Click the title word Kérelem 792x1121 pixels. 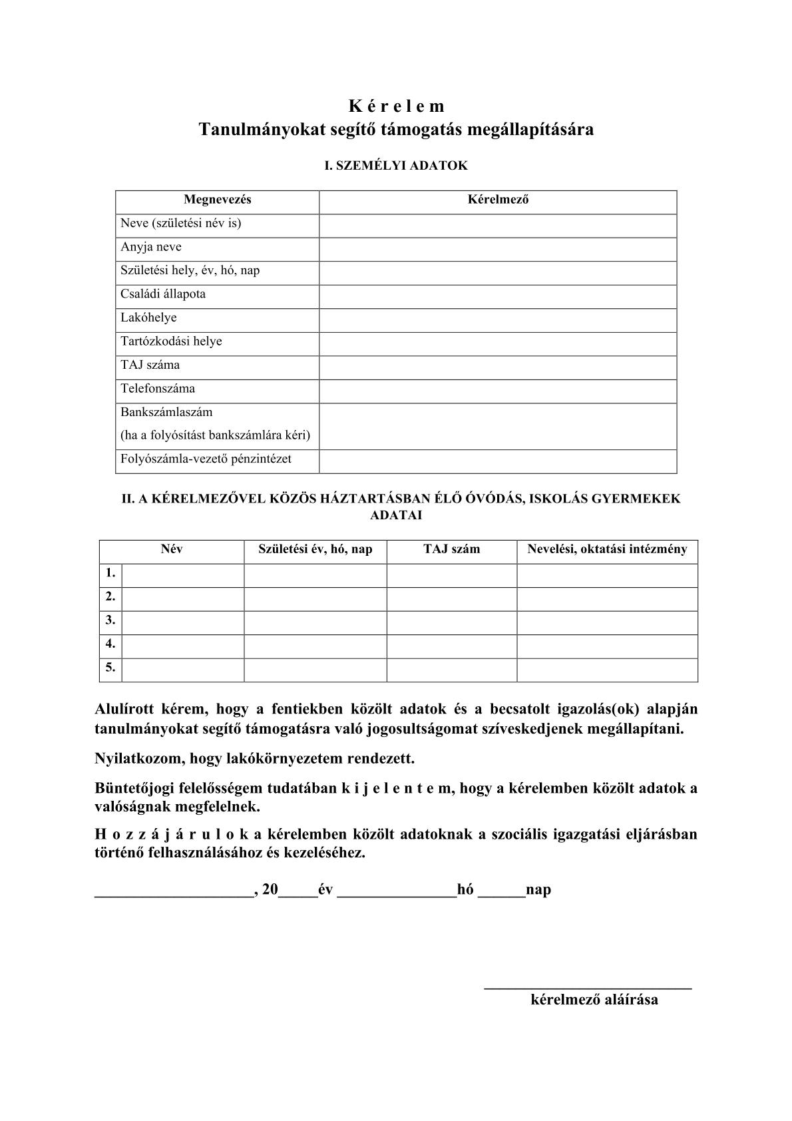point(396,107)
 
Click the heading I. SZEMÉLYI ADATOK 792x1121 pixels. point(396,166)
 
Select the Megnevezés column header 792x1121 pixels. point(218,200)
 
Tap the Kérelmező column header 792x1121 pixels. point(498,200)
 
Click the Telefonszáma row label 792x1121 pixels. point(158,389)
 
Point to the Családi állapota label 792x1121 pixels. point(163,294)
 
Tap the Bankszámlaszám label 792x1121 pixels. point(166,412)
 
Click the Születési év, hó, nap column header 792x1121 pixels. point(315,550)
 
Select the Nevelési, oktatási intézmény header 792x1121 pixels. point(607,550)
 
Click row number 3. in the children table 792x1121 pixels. point(110,620)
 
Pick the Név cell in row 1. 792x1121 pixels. point(183,575)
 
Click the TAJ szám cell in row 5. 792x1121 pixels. point(452,670)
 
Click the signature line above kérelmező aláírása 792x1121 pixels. point(588,987)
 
